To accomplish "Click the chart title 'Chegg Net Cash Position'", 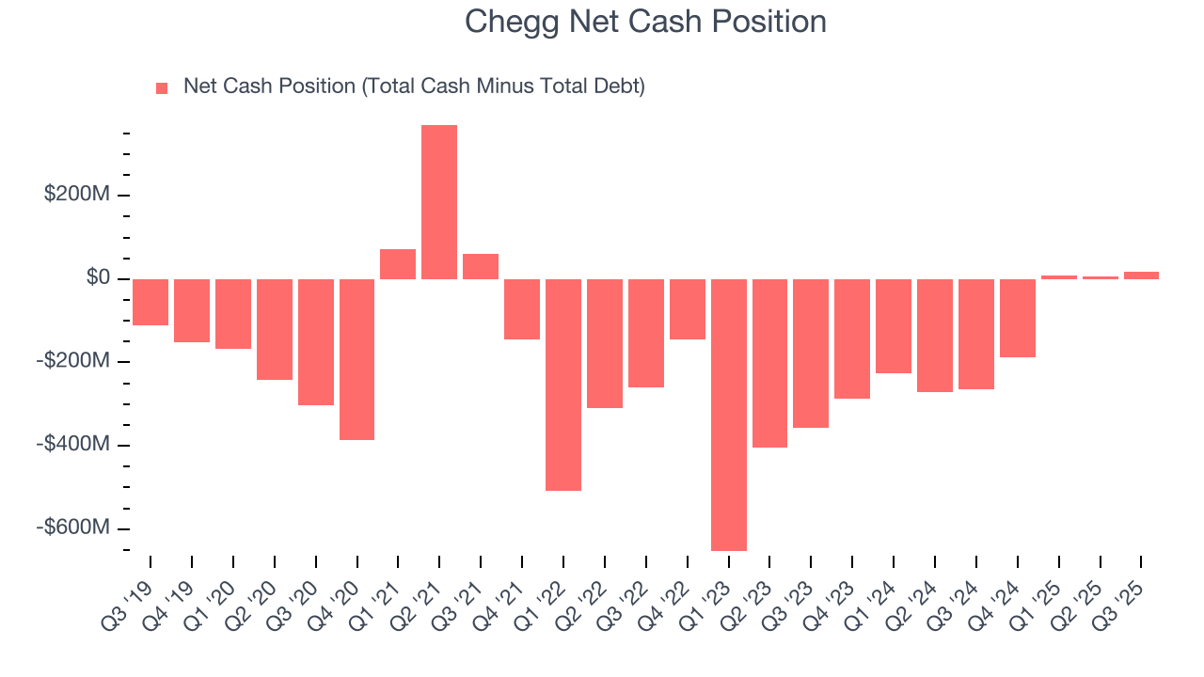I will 645,22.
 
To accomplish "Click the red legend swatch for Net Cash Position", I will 162,87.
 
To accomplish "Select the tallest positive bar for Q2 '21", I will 439,202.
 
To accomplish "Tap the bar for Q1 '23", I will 728,414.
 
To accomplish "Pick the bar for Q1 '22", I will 563,385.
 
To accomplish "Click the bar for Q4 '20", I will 356,359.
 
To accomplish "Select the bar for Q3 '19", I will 150,302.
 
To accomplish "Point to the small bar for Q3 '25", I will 1141,276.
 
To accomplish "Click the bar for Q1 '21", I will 398,264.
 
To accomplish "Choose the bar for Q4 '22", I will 687,308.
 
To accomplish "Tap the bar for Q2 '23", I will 769,363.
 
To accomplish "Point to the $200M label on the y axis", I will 76,195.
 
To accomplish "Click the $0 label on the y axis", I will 98,278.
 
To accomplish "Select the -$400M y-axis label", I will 73,444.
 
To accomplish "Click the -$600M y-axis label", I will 73,527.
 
